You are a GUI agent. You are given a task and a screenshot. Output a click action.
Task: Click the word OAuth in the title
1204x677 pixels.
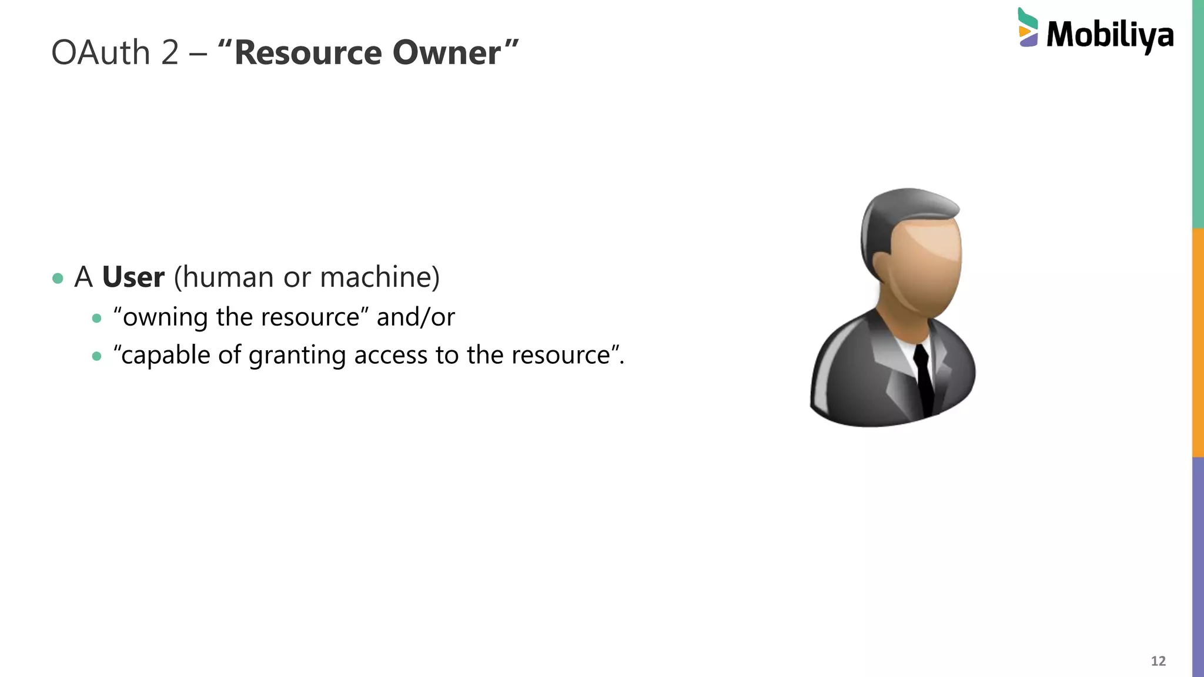coord(101,53)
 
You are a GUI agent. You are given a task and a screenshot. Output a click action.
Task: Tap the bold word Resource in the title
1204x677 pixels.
coord(308,53)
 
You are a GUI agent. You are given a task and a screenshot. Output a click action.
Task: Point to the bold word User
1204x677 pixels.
coord(133,277)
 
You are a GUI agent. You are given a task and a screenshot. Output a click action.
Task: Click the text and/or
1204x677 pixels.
coord(416,317)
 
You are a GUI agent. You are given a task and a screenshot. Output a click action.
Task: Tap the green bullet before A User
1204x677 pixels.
coord(58,279)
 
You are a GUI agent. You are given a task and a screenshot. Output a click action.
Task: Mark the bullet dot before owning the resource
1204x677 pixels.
coord(97,319)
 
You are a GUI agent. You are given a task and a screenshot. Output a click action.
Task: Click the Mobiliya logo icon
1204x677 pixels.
coord(1028,28)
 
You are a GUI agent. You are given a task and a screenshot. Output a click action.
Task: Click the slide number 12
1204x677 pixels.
coord(1158,661)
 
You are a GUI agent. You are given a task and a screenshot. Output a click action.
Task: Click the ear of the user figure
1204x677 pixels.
coord(882,267)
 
